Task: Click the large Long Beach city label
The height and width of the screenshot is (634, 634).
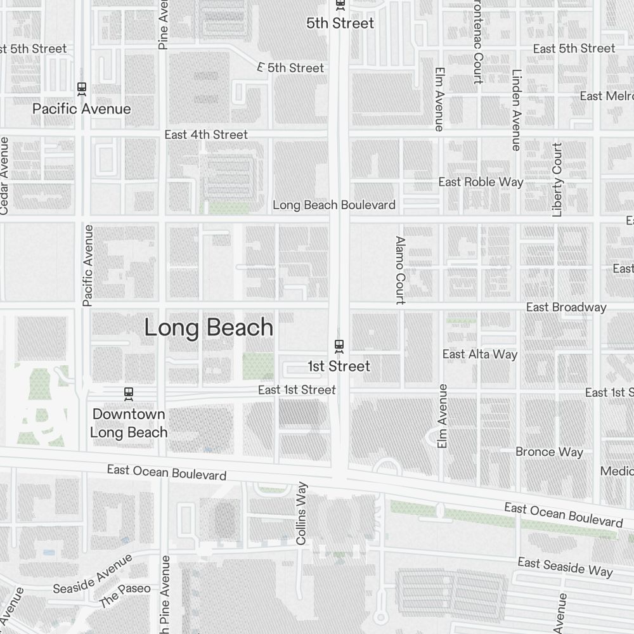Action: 209,328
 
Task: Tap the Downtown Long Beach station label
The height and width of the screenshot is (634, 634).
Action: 129,423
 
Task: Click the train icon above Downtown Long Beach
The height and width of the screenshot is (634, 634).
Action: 129,394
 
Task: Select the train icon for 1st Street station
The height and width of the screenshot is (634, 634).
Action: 339,346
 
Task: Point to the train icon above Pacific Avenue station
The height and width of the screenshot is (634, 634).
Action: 81,89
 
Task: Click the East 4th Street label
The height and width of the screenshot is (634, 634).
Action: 206,134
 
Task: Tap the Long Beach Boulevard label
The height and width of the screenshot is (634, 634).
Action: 334,205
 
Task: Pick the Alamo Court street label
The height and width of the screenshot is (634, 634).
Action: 400,270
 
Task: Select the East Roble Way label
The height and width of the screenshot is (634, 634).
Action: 481,182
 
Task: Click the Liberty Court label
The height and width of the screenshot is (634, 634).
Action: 557,179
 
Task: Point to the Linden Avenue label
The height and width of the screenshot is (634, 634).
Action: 516,109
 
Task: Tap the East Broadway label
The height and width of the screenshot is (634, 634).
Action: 566,307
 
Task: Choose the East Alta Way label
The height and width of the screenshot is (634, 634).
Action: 480,354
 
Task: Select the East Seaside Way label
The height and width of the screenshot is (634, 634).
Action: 565,567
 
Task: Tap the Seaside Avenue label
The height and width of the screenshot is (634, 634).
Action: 93,573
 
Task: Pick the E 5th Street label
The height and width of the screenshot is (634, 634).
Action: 291,67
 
